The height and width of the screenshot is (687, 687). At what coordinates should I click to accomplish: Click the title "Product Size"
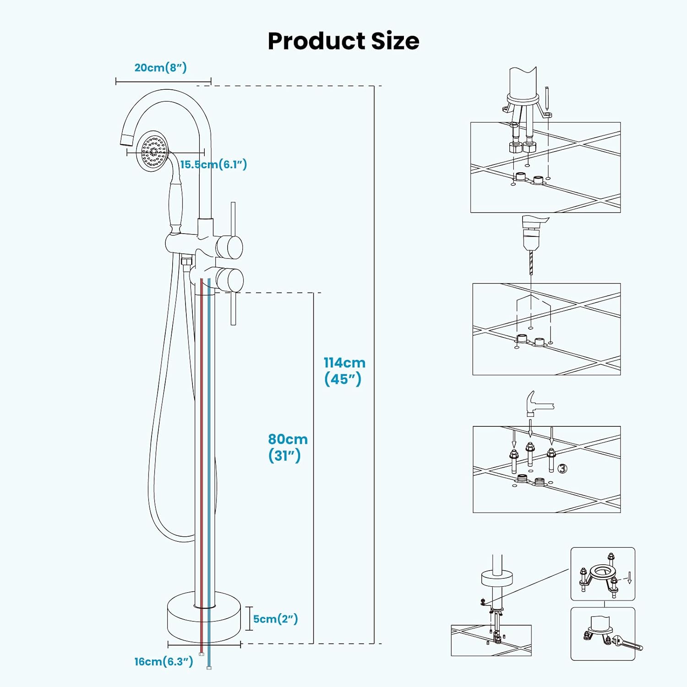[343, 41]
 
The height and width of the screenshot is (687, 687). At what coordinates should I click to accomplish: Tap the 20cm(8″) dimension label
[160, 68]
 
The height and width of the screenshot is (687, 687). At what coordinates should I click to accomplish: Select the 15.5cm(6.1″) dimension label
[213, 164]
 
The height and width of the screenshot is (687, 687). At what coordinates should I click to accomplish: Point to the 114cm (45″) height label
[344, 371]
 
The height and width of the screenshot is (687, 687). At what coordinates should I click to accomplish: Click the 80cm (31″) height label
[288, 447]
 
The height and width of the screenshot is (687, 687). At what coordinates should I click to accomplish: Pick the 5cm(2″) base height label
[275, 619]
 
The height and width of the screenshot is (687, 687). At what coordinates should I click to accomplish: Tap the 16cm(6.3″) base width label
[164, 661]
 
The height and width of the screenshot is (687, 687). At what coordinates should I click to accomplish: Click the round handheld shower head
[154, 151]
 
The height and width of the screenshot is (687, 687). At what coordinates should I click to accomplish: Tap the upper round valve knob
[229, 247]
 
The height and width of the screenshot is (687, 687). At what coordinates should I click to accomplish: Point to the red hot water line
[201, 412]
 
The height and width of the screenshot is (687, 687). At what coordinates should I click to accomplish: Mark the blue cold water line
[209, 412]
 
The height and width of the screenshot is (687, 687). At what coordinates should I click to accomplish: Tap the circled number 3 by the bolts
[562, 468]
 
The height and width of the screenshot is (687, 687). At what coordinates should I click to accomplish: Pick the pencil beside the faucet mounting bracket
[547, 98]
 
